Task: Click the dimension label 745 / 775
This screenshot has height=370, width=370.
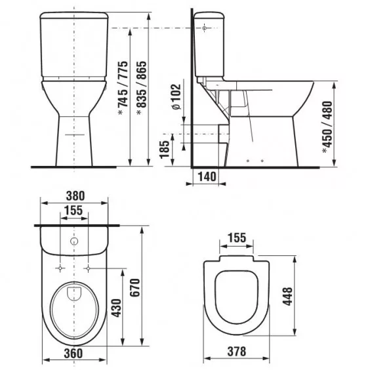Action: [x=123, y=88]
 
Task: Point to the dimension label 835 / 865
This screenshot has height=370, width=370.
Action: [x=142, y=88]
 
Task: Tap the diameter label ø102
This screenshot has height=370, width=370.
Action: [x=176, y=96]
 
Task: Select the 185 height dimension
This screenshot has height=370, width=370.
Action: [x=165, y=150]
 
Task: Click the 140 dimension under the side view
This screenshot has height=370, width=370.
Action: [x=207, y=176]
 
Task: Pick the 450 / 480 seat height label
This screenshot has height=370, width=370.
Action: [x=328, y=127]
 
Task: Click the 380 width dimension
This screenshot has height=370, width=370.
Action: [x=75, y=196]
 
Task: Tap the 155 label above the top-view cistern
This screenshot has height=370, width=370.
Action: [x=73, y=210]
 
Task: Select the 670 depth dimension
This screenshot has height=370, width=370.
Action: [x=135, y=287]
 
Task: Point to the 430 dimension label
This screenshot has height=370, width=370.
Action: [x=116, y=308]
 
